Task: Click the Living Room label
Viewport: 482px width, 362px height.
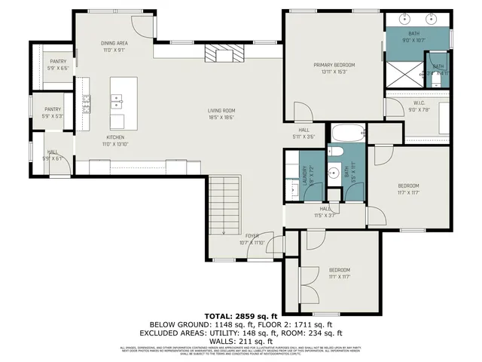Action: click(x=221, y=114)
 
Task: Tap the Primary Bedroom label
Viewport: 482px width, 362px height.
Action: click(x=334, y=68)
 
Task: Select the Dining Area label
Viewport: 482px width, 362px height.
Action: click(x=114, y=47)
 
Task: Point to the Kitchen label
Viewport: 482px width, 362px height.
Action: click(x=114, y=140)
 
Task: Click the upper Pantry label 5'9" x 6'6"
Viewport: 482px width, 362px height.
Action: click(x=58, y=64)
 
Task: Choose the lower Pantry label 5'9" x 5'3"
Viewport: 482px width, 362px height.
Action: click(x=52, y=112)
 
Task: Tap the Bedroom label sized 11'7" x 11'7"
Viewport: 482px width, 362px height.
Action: click(x=408, y=189)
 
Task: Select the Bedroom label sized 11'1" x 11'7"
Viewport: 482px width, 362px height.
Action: click(x=339, y=273)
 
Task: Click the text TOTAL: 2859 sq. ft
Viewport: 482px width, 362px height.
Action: click(x=240, y=314)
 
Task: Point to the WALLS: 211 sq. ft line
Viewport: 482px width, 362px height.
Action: click(x=240, y=340)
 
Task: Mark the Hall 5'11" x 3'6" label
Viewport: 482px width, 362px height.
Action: click(x=304, y=133)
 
